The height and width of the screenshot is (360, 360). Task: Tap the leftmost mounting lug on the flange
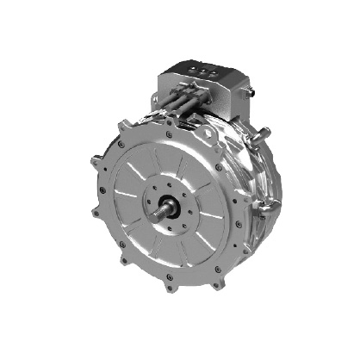tap(93, 161)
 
